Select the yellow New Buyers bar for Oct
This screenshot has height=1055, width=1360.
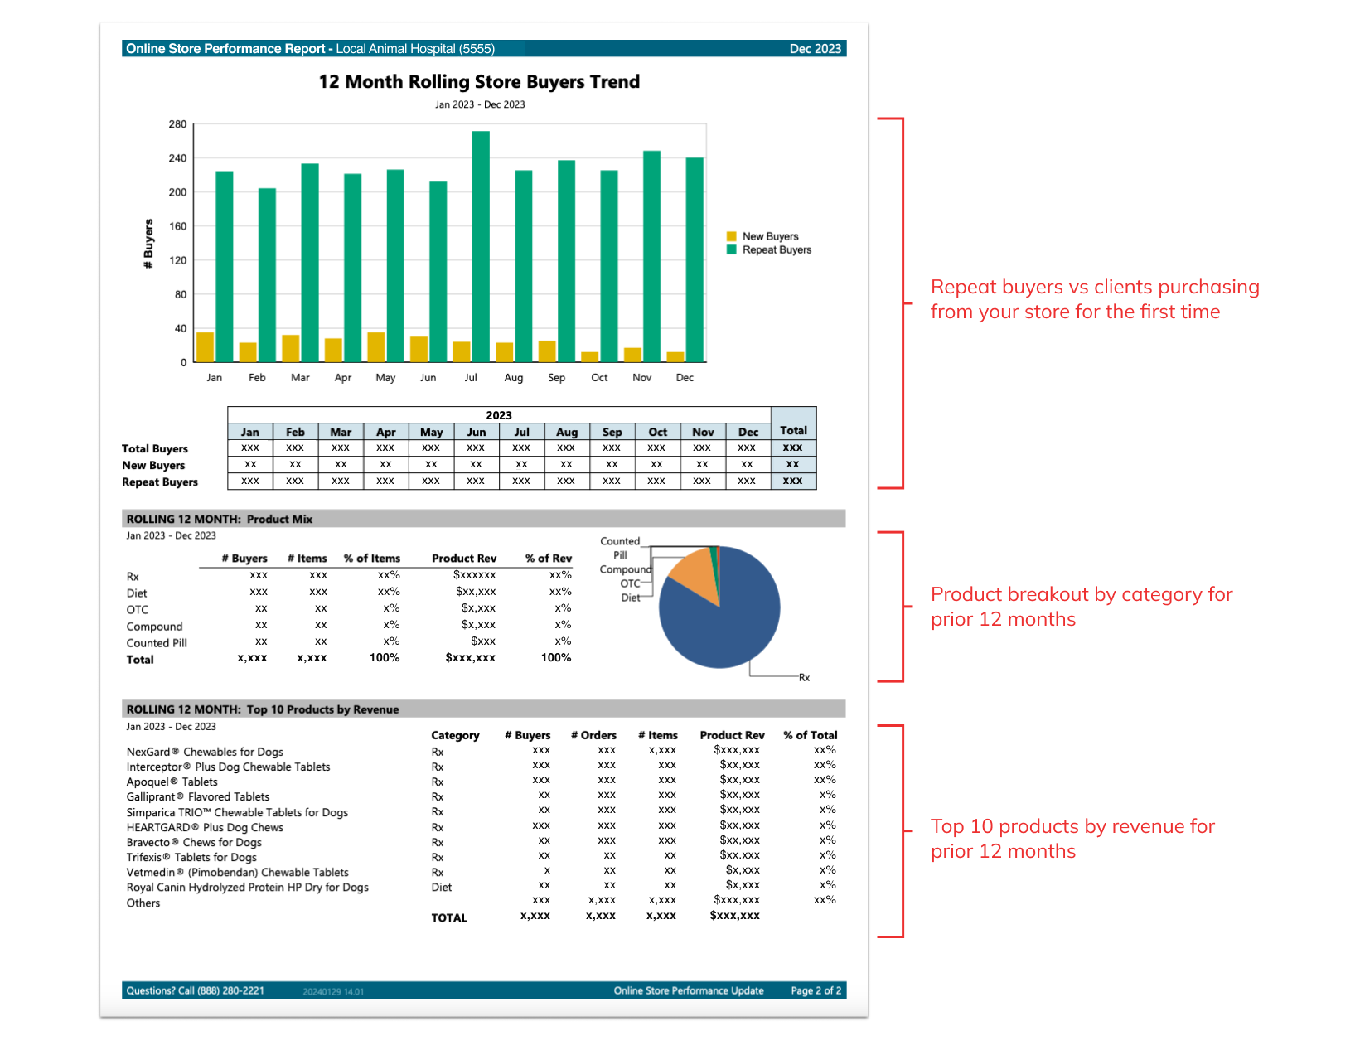coord(589,357)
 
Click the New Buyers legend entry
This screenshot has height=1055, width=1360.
coord(769,236)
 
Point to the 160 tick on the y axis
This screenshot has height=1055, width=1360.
coord(177,226)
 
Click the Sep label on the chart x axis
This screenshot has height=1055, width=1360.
coord(556,378)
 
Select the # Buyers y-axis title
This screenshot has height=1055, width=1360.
coord(148,244)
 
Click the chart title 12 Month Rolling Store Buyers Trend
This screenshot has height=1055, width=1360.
coord(479,82)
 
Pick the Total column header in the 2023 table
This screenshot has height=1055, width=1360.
coord(793,431)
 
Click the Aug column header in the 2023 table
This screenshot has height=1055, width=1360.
coord(567,432)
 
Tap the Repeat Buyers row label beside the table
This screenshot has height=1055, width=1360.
coord(160,482)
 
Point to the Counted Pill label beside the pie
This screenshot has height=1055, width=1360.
coord(620,548)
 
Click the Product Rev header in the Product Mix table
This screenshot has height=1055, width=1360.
coord(464,559)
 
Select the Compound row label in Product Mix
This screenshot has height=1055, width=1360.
coord(154,627)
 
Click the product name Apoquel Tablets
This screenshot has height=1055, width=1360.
coord(172,782)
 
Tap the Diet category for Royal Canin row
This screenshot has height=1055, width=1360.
coord(441,888)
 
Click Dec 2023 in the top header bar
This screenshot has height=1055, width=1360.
coord(815,49)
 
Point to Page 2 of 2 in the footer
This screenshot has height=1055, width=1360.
coord(816,990)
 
